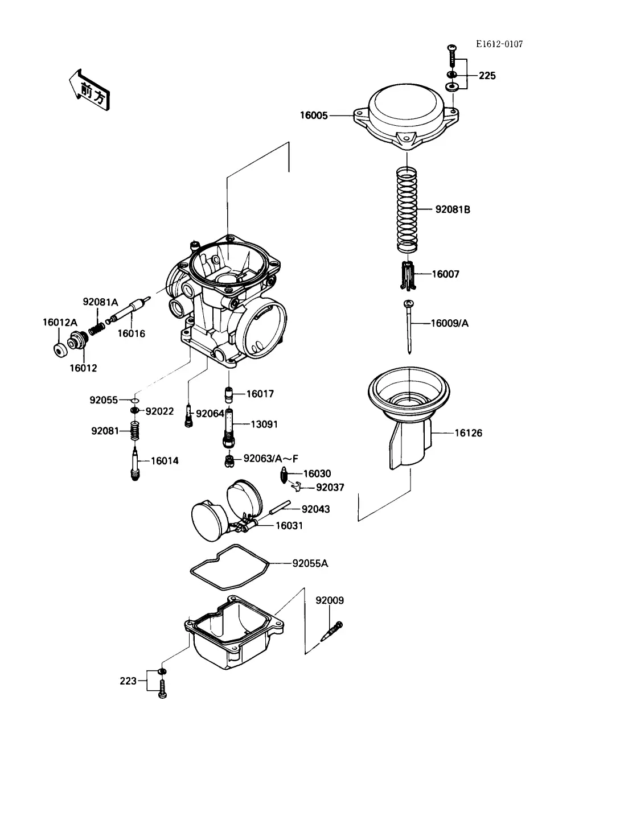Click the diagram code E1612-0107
tap(499, 44)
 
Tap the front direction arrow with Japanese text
tap(89, 90)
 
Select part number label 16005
tap(314, 116)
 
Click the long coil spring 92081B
tap(407, 209)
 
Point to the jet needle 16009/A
tap(409, 327)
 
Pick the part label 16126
tap(468, 433)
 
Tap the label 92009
tap(330, 600)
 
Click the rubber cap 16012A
tap(60, 350)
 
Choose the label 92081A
tap(100, 302)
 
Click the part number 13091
tap(264, 424)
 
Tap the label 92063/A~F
tap(270, 459)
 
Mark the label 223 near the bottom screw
tap(128, 681)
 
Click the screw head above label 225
tap(452, 48)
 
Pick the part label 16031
tap(289, 526)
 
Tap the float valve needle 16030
tap(285, 475)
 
